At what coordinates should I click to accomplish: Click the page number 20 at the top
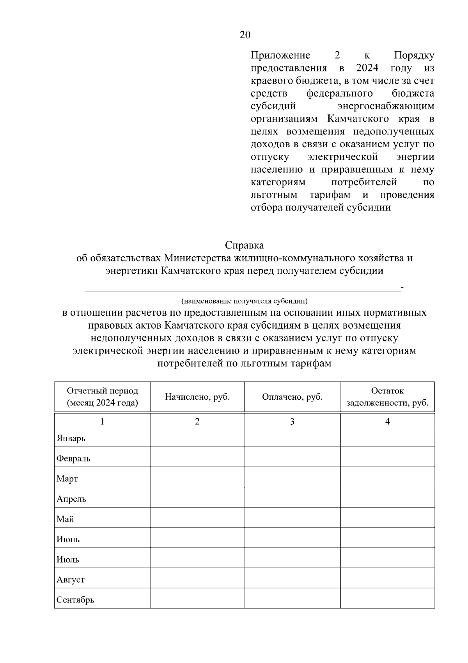pyautogui.click(x=245, y=35)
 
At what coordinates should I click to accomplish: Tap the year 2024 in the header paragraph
pyautogui.click(x=367, y=68)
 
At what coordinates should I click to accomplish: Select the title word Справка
pyautogui.click(x=244, y=245)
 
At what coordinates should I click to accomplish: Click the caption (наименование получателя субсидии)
pyautogui.click(x=244, y=301)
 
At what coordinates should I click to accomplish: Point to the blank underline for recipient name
pyautogui.click(x=242, y=289)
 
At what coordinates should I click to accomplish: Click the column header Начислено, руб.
pyautogui.click(x=197, y=397)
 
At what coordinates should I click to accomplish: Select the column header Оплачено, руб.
pyautogui.click(x=292, y=397)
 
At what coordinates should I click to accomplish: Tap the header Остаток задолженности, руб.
pyautogui.click(x=387, y=397)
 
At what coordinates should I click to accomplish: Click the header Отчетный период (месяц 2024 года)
pyautogui.click(x=102, y=397)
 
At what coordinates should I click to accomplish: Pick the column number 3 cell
pyautogui.click(x=292, y=422)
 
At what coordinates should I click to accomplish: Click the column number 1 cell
pyautogui.click(x=102, y=422)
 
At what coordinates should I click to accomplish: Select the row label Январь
pyautogui.click(x=71, y=438)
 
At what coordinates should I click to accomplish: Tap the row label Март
pyautogui.click(x=67, y=479)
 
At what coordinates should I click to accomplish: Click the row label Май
pyautogui.click(x=65, y=519)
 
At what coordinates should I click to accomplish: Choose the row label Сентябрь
pyautogui.click(x=75, y=600)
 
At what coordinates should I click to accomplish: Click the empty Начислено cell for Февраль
pyautogui.click(x=197, y=457)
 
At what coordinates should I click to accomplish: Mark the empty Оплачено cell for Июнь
pyautogui.click(x=292, y=538)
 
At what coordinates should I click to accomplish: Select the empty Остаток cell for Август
pyautogui.click(x=387, y=578)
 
